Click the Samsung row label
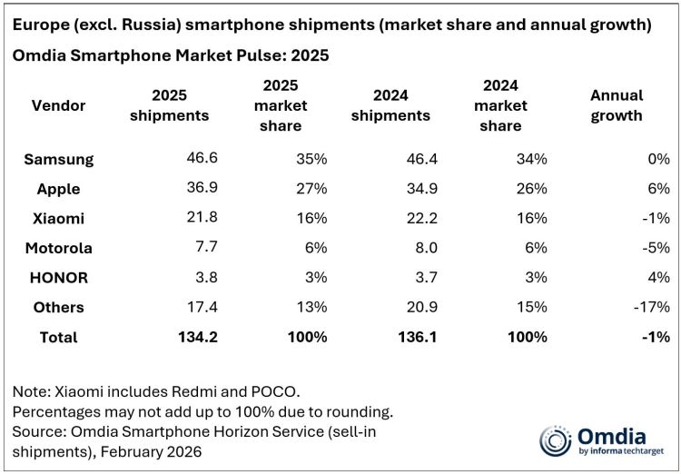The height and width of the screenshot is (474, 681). [x=59, y=159]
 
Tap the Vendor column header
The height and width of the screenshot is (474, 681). [x=59, y=105]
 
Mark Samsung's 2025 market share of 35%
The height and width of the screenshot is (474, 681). [x=311, y=159]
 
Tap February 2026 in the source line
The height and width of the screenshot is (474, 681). [x=143, y=451]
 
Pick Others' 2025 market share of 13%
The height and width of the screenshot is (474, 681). [x=311, y=307]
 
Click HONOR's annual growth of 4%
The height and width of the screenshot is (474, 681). [x=658, y=277]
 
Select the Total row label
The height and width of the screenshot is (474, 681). [x=58, y=337]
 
